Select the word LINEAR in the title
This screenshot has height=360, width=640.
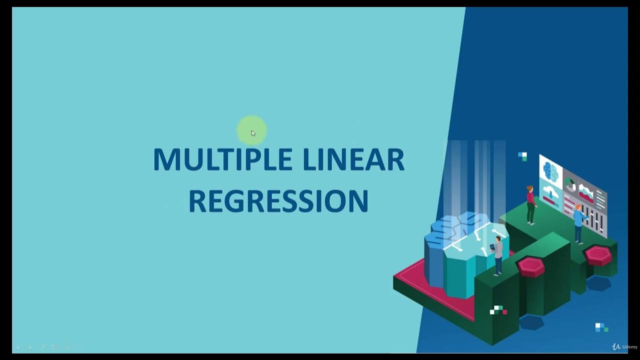pos(353,160)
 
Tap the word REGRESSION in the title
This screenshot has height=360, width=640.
pos(278,201)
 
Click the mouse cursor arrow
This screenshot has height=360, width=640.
pos(253,133)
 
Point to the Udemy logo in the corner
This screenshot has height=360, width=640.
pos(624,346)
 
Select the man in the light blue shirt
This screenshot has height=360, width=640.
pos(579,223)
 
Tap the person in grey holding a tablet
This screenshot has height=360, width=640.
pos(498,255)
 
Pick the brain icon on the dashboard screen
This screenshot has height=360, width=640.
pos(550,170)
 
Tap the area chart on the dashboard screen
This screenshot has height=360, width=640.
pos(585,192)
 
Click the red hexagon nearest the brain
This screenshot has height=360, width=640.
pos(530,266)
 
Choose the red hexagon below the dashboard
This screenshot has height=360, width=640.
pos(598,255)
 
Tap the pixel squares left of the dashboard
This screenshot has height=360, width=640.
pos(522,156)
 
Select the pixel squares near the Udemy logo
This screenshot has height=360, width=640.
pos(601,327)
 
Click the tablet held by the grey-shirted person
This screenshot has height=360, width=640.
pos(492,247)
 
